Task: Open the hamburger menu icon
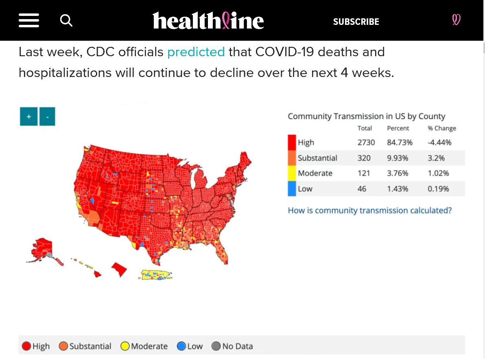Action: [x=29, y=20]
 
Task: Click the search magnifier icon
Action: [x=66, y=20]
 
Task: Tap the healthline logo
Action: [x=208, y=21]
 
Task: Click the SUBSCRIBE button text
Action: [x=356, y=22]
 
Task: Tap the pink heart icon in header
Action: [x=456, y=20]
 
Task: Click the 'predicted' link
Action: [x=196, y=52]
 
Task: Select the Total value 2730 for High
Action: [x=366, y=143]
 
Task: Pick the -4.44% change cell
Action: [x=439, y=143]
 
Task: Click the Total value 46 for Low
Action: [x=362, y=189]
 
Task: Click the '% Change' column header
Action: [x=442, y=128]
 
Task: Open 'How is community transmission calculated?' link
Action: [x=369, y=211]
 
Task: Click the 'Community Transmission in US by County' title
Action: [x=366, y=116]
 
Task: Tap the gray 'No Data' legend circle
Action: [x=216, y=347]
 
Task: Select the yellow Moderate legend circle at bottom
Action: [x=125, y=347]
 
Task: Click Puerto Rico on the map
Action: [x=157, y=275]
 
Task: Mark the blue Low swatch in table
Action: [x=292, y=189]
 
